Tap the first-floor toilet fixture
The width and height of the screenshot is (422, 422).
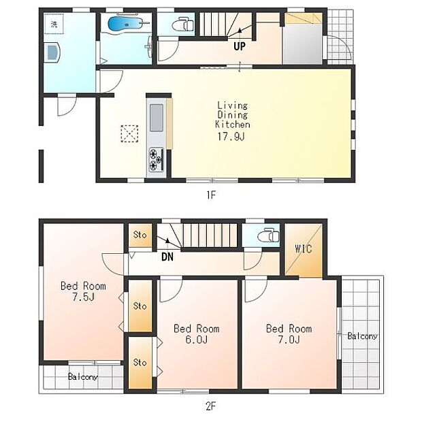(x=182, y=25)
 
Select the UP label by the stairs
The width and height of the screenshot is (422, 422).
(x=240, y=46)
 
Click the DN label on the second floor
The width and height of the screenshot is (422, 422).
(x=167, y=257)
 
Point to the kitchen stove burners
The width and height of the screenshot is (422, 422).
(x=157, y=159)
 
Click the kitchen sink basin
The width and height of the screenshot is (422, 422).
(x=157, y=118)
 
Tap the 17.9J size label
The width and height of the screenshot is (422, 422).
(x=231, y=137)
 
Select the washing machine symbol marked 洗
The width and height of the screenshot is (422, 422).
(x=54, y=25)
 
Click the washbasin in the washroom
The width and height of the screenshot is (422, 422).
(x=52, y=52)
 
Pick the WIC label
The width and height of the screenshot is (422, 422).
(x=304, y=248)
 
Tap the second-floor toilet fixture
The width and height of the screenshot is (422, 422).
(x=268, y=236)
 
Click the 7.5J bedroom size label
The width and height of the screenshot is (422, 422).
(x=84, y=297)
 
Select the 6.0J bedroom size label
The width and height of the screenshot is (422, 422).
(x=197, y=340)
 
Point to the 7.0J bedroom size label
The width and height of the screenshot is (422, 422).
(x=289, y=340)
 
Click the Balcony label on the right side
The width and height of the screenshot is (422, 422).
(x=362, y=336)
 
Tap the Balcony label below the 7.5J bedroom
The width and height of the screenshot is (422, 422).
(x=83, y=376)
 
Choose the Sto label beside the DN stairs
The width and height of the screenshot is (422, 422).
(x=140, y=235)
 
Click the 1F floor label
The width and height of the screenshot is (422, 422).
(x=211, y=195)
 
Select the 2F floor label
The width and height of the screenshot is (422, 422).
(x=211, y=406)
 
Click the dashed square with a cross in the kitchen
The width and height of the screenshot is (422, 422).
(x=129, y=133)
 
